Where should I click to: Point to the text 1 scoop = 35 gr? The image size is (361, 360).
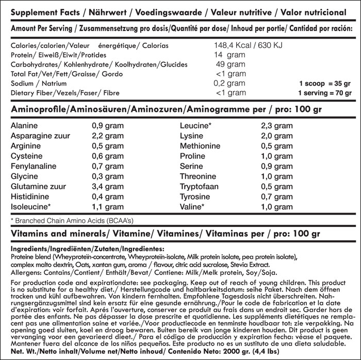click(x=324, y=83)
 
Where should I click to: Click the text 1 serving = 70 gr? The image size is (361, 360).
click(x=324, y=93)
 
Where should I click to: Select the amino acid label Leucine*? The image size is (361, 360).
click(x=195, y=125)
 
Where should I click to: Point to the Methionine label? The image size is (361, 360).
click(x=200, y=146)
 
